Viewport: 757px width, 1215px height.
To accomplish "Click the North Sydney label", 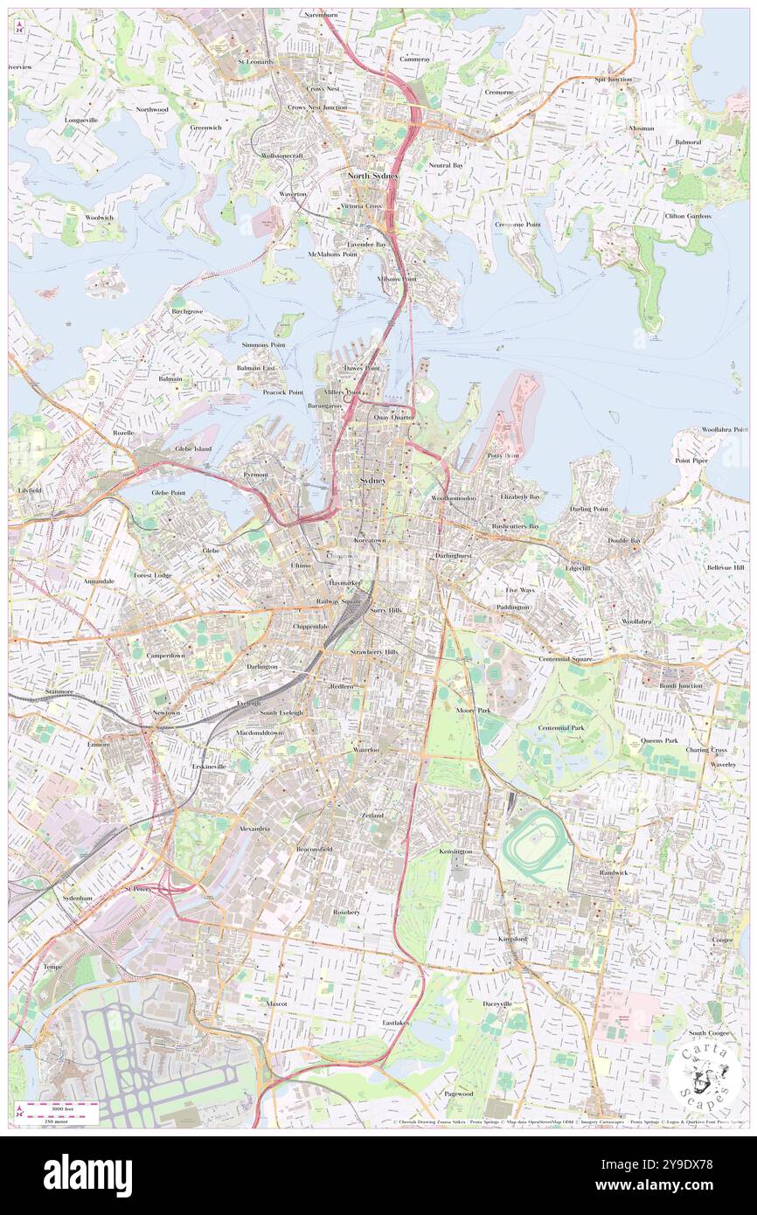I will coord(372,176).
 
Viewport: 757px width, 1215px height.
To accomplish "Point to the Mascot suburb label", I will coord(278,1004).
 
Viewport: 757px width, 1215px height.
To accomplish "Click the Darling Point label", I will coord(588,509).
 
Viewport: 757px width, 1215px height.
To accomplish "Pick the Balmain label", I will coord(170,378).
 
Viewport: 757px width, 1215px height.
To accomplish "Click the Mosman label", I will coord(641,128).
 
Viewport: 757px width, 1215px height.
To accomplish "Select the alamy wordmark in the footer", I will coord(87,1175).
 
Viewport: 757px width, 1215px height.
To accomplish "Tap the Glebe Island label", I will coord(193,448).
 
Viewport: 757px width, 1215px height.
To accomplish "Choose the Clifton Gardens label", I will coord(687,216).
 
